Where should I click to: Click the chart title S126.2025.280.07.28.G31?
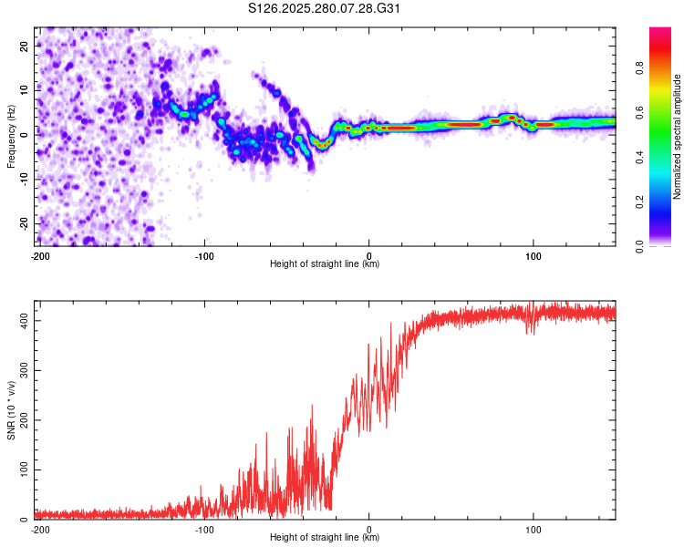pyautogui.click(x=324, y=8)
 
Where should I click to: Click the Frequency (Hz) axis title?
pyautogui.click(x=11, y=137)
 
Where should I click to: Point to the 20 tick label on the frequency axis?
pyautogui.click(x=24, y=46)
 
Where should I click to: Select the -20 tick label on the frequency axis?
pyautogui.click(x=24, y=223)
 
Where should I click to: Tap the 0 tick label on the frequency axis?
pyautogui.click(x=24, y=135)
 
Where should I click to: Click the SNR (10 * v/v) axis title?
pyautogui.click(x=11, y=410)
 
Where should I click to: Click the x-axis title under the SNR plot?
pyautogui.click(x=325, y=537)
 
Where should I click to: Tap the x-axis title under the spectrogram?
pyautogui.click(x=325, y=263)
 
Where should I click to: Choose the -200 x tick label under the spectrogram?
pyautogui.click(x=40, y=256)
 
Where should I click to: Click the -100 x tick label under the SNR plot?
pyautogui.click(x=204, y=530)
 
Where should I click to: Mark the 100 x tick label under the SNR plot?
pyautogui.click(x=533, y=530)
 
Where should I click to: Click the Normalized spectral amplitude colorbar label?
pyautogui.click(x=677, y=137)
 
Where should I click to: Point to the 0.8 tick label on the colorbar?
pyautogui.click(x=639, y=67)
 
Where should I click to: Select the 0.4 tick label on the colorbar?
pyautogui.click(x=639, y=157)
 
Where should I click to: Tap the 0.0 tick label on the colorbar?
pyautogui.click(x=639, y=246)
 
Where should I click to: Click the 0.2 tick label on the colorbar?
pyautogui.click(x=639, y=202)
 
